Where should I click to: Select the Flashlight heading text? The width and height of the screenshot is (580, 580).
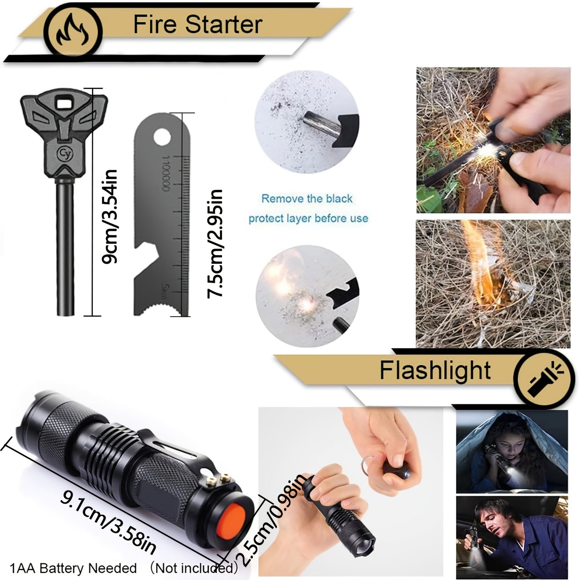(435, 370)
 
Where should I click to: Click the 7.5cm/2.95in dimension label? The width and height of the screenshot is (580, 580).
(214, 243)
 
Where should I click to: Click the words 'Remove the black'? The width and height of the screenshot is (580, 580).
(307, 198)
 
